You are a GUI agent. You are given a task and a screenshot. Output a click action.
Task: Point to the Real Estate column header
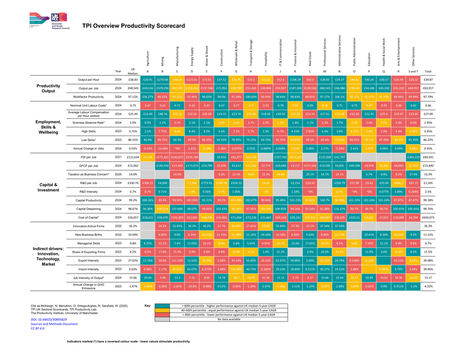pyautogui.click(x=311, y=58)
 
